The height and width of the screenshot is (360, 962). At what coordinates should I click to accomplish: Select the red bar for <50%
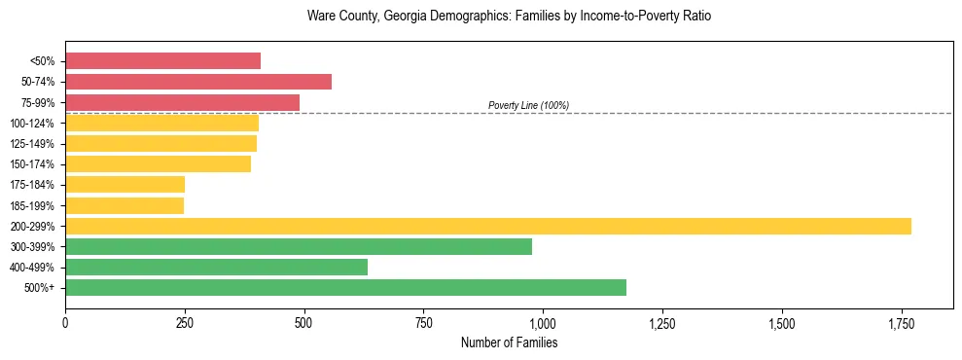point(162,60)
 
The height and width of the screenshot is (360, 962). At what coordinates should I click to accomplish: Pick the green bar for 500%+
point(345,287)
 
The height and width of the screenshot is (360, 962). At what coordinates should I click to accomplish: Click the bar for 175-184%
point(125,184)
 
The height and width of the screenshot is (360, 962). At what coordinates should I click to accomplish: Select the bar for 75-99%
point(182,102)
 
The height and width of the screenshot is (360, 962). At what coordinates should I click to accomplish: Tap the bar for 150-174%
point(158,163)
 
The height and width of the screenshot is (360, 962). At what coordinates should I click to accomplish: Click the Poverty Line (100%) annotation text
point(528,105)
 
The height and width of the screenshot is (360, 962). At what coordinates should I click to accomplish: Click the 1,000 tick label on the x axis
point(543,323)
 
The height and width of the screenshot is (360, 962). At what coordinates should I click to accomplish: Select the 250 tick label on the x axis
point(185,323)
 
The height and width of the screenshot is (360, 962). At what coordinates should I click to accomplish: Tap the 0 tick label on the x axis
point(65,323)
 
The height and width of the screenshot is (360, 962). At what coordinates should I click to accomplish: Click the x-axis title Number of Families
point(509,342)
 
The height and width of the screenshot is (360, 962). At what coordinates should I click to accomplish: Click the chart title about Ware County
point(509,17)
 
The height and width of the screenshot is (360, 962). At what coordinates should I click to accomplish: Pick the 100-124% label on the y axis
point(32,124)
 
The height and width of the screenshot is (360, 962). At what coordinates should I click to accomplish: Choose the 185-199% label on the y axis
point(32,205)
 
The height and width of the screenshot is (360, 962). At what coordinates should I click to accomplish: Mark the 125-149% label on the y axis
point(32,144)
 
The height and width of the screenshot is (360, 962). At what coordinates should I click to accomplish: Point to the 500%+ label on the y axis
point(40,288)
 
